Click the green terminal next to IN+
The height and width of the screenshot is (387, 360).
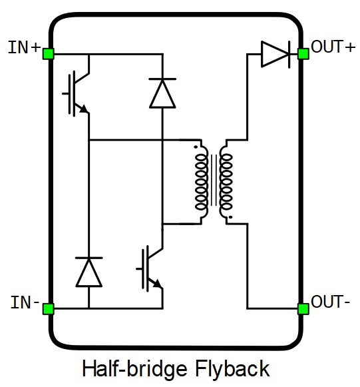tap(49, 54)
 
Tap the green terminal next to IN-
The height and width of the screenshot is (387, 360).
tap(49, 309)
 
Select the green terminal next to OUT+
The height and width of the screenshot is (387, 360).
tap(303, 54)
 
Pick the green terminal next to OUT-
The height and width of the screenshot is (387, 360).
tap(303, 309)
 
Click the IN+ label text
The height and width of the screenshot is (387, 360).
tap(24, 47)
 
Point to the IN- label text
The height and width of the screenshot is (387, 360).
tap(25, 302)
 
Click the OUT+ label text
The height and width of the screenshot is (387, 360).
tap(333, 47)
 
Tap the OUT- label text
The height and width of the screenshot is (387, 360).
tap(331, 301)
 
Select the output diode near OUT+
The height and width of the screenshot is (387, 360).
tap(275, 54)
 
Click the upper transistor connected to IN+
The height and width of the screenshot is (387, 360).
tap(76, 93)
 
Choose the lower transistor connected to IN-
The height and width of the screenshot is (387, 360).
tap(150, 268)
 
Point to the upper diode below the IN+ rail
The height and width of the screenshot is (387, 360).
tap(162, 93)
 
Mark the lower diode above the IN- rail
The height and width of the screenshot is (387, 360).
tap(89, 272)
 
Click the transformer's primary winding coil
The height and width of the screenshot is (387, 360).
tap(202, 182)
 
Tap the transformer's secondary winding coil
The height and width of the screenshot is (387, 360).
tap(226, 182)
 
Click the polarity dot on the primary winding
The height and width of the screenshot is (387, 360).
tap(196, 147)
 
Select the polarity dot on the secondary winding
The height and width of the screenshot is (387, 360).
tap(230, 217)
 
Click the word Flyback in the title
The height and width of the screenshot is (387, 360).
tap(232, 369)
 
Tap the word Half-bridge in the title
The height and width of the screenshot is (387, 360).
tap(134, 369)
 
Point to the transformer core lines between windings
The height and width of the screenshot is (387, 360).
tap(214, 180)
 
